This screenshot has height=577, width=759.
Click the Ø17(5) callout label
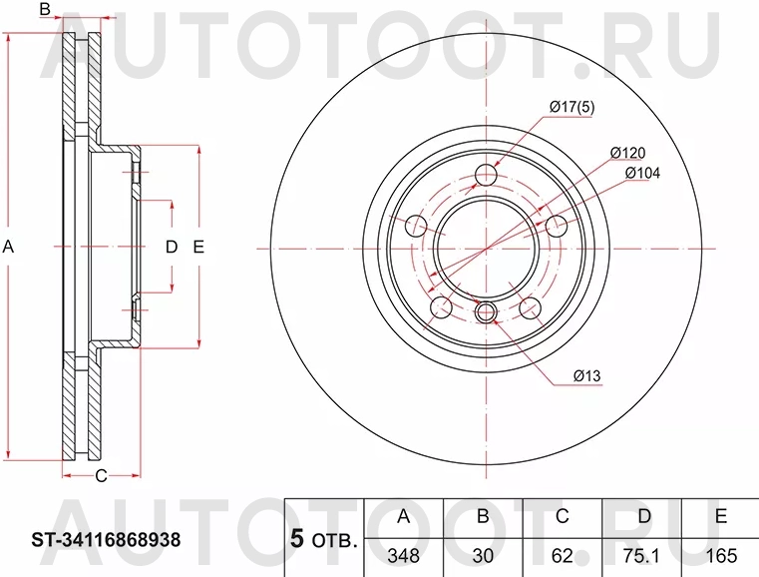571,108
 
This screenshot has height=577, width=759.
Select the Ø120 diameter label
628,153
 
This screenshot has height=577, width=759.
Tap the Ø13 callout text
587,376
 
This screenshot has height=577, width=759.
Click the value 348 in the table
404,554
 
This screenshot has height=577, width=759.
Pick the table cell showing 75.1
641,554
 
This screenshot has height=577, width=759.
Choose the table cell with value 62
562,554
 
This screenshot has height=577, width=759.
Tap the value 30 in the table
483,554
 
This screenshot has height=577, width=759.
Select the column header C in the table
562,516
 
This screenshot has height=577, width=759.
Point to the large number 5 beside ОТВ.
296,539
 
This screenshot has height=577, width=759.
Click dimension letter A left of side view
9,247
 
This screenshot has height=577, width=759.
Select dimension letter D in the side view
171,247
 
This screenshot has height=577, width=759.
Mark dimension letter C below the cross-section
100,475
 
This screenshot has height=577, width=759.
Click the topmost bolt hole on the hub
486,176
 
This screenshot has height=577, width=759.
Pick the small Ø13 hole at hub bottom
486,312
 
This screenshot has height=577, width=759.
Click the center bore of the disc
486,248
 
